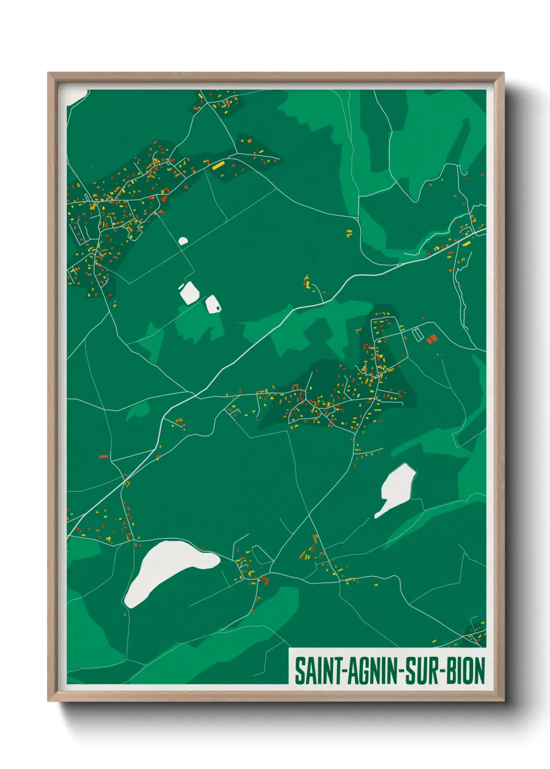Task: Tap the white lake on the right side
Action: coord(396,488)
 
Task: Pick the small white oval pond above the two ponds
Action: coord(182,241)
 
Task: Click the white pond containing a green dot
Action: coord(213,304)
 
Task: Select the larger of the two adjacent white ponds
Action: coord(189,293)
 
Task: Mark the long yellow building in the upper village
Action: coord(218,165)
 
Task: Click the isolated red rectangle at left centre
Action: coord(103,456)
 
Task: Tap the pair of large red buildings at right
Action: coord(431,339)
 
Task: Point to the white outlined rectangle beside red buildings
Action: coord(417,335)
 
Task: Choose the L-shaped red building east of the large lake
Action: coord(265,580)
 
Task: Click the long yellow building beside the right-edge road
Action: coord(466,243)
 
